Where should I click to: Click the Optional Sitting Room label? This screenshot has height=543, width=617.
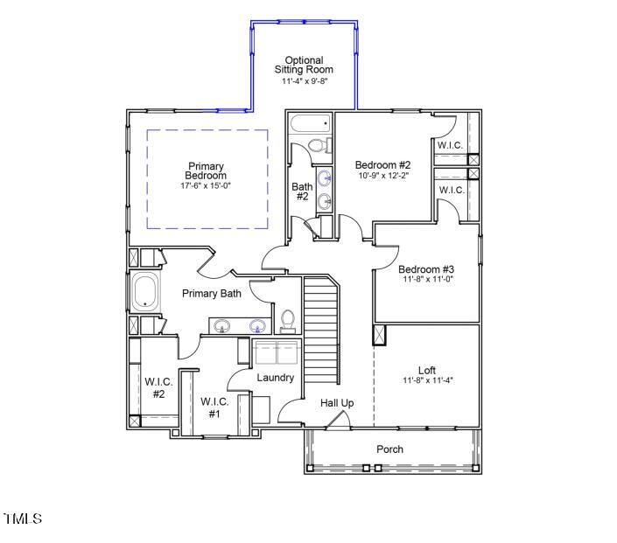(x=304, y=65)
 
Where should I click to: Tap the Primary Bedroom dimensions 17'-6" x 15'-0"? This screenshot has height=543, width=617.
(x=206, y=186)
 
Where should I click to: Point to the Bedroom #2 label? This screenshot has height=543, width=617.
(x=382, y=164)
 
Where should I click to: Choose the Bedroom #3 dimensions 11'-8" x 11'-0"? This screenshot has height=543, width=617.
(x=426, y=280)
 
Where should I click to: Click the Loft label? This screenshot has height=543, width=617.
(x=426, y=370)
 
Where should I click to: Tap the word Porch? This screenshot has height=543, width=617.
(x=389, y=449)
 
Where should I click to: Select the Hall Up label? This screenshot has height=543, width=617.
(x=337, y=403)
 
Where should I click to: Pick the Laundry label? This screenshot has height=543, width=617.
(x=275, y=378)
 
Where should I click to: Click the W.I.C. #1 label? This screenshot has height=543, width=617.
(x=214, y=407)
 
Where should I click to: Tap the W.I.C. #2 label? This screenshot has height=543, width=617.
(x=159, y=388)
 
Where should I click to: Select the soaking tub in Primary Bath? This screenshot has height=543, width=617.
(x=144, y=291)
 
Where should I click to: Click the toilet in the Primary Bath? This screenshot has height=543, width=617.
(x=288, y=321)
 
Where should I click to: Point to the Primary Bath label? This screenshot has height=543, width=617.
(x=212, y=294)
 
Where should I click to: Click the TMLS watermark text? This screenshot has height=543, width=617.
(x=23, y=519)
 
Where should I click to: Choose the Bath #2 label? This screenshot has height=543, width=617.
(x=302, y=191)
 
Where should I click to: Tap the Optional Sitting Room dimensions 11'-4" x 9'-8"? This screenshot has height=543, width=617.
(x=304, y=81)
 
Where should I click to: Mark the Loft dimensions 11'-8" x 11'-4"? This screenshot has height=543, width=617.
(x=426, y=380)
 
